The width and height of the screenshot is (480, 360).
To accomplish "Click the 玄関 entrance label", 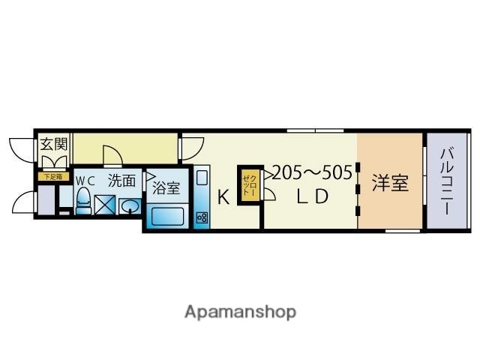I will tap(52, 144).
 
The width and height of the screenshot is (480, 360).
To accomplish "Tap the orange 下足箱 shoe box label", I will tap(53, 177).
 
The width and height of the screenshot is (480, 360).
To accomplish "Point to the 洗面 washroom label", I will tap(121, 180).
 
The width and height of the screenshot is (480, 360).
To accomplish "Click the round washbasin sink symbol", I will tap(129, 206).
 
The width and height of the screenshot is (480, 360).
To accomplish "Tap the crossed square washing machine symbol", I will tap(104, 205).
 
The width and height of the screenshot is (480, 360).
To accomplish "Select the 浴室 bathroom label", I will tap(166, 187).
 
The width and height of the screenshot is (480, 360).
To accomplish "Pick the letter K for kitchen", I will tap(223, 198).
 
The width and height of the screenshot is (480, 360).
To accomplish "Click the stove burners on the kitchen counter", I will tap(202, 217).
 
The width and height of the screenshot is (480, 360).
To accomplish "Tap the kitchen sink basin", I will tap(202, 180).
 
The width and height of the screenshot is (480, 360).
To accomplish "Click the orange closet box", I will tap(249, 184).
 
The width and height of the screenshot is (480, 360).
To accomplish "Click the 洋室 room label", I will tap(391, 182).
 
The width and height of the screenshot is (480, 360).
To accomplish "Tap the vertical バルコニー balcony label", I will tap(446, 182).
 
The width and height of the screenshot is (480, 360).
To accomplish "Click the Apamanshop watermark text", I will tap(240, 311).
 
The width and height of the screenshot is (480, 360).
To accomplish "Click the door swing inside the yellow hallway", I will tap(112, 155).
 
